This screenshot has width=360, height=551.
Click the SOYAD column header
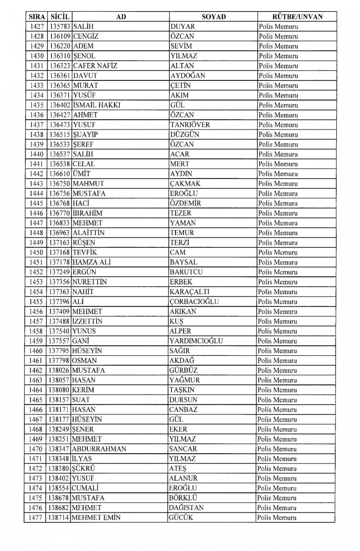(213, 17)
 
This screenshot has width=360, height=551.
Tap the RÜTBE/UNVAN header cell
(297, 17)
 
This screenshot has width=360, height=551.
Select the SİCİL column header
(60, 17)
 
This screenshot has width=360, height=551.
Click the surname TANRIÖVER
(190, 125)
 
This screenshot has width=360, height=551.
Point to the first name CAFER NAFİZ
(95, 66)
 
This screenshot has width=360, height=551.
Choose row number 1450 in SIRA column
(36, 253)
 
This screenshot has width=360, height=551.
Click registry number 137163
(59, 243)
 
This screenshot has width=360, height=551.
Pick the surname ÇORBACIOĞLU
(194, 302)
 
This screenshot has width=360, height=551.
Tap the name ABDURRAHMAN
(99, 449)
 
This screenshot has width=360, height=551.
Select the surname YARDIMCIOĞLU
(196, 341)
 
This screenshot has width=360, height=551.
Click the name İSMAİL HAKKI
(96, 105)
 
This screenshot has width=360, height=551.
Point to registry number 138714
(59, 518)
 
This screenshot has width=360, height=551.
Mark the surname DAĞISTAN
(186, 508)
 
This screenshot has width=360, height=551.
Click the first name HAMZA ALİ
(91, 262)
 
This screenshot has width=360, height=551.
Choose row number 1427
(37, 27)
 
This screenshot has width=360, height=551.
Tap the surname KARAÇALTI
(189, 292)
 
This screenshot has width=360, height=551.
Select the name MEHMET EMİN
(96, 518)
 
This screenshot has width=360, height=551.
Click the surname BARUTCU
(186, 272)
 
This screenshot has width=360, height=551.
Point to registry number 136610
(60, 174)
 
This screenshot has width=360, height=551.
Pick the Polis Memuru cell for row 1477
(276, 518)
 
